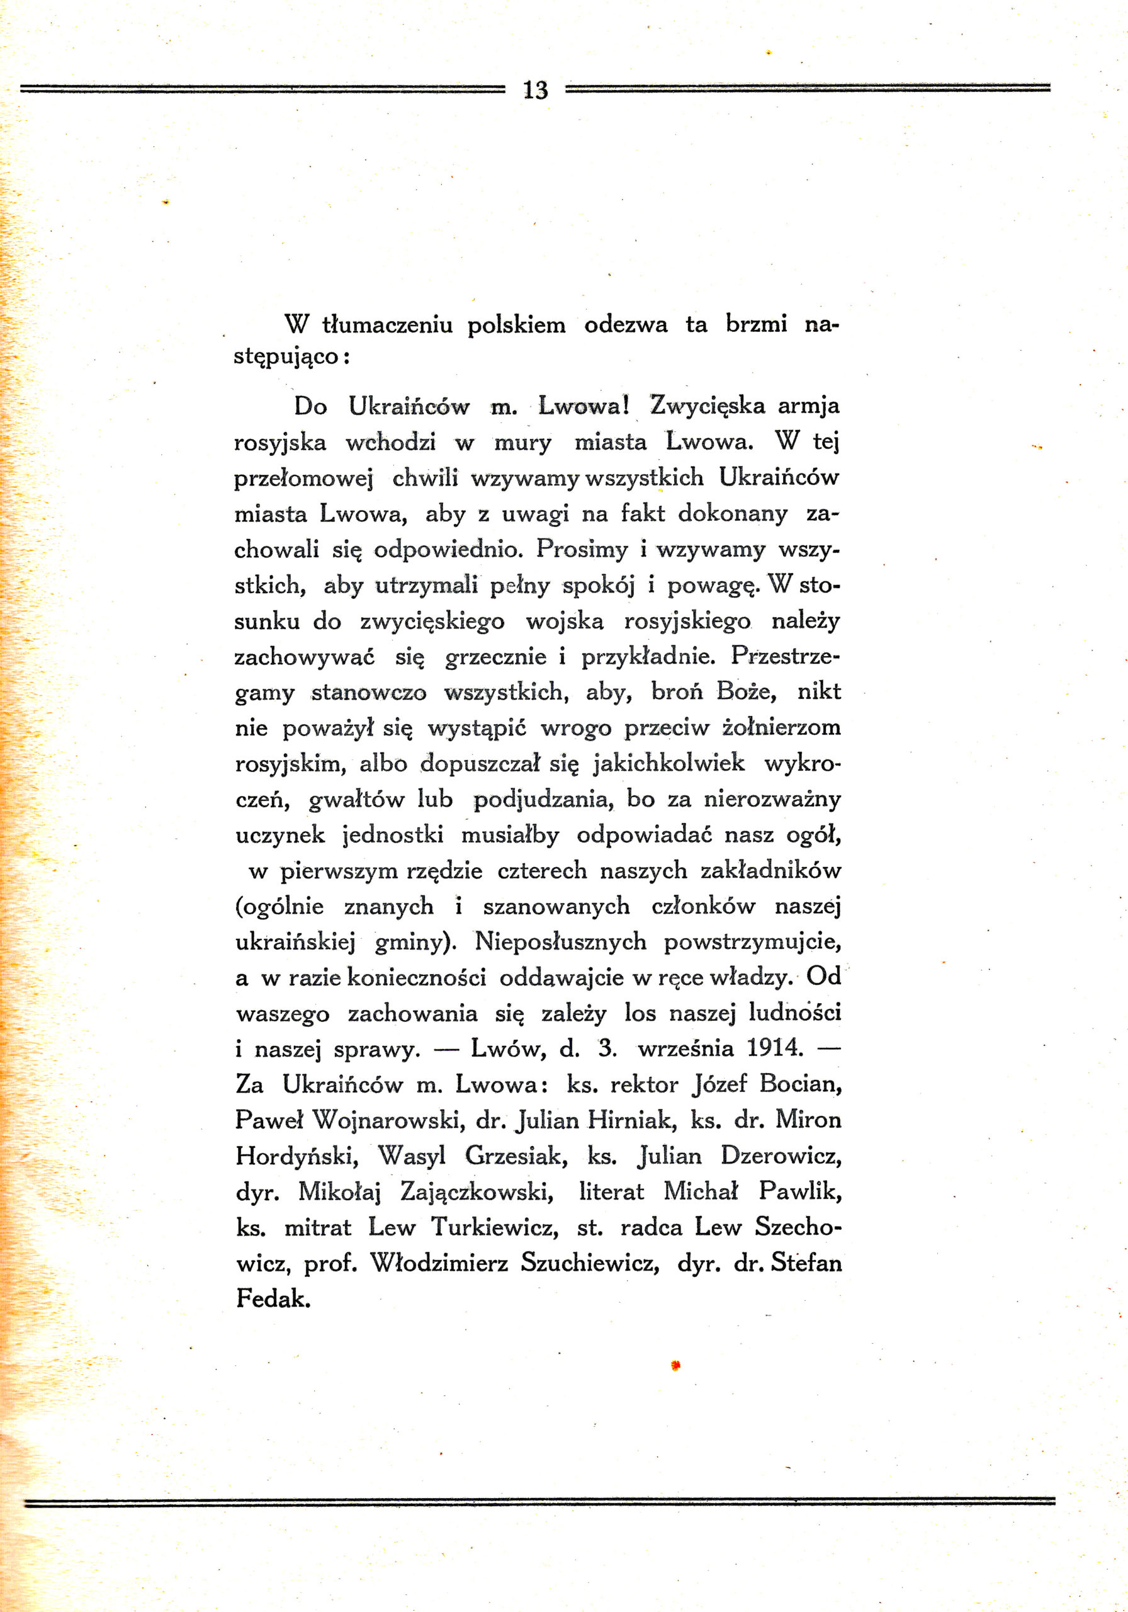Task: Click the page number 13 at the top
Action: [535, 90]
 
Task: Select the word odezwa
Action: [626, 324]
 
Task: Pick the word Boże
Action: [746, 691]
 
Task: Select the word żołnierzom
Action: [781, 727]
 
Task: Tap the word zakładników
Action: [770, 871]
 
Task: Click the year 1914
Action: [774, 1048]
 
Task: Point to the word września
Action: [685, 1049]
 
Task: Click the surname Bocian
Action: [799, 1085]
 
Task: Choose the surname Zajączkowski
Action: [477, 1192]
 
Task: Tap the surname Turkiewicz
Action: [495, 1228]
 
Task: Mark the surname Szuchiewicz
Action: [590, 1264]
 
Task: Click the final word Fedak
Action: [273, 1300]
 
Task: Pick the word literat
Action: [611, 1192]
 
